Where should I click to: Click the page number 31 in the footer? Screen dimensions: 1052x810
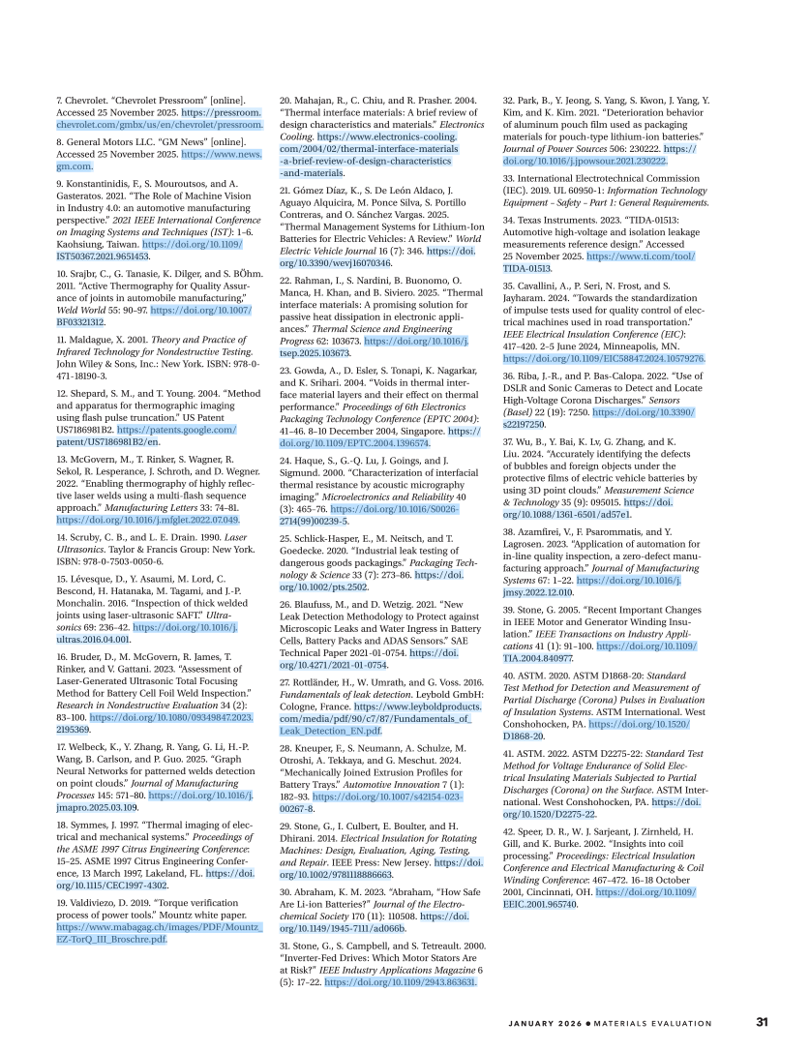coord(762,1023)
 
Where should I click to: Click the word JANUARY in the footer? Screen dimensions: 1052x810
coord(536,1023)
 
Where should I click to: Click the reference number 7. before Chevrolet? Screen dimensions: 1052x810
coord(59,101)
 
